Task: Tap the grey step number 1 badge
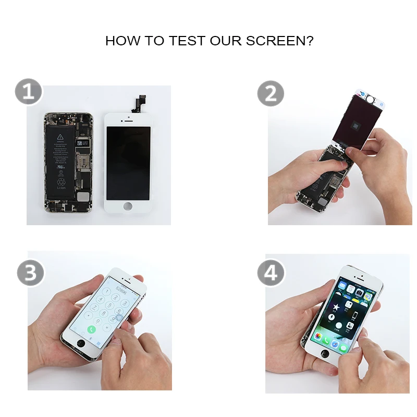click(x=28, y=93)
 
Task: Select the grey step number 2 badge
click(x=271, y=94)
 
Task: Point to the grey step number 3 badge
click(x=30, y=273)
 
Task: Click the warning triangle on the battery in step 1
click(x=59, y=137)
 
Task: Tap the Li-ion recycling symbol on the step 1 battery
click(x=61, y=182)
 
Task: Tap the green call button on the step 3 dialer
click(x=92, y=329)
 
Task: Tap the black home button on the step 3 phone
click(x=81, y=345)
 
